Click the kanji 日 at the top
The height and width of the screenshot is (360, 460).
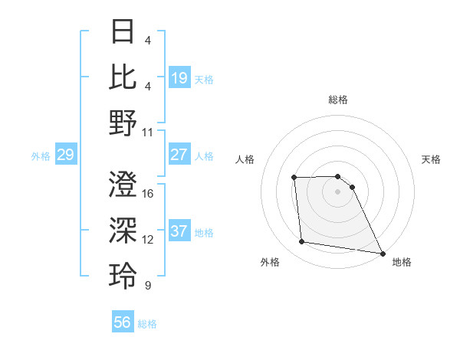(x=123, y=32)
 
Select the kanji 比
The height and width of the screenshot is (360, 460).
(x=123, y=77)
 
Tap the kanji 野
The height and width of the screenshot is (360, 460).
(x=123, y=123)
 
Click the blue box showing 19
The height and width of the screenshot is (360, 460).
(x=179, y=78)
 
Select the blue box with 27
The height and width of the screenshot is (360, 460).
(x=179, y=155)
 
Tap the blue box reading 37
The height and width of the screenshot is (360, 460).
(x=179, y=231)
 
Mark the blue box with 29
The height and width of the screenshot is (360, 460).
(x=65, y=155)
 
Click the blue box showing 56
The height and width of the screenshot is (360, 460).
(x=123, y=322)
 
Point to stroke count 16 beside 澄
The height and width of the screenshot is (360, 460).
(x=148, y=194)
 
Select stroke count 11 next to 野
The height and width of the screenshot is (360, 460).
(x=148, y=132)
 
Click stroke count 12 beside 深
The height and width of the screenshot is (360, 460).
(x=148, y=240)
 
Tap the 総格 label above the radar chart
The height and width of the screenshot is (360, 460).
(x=337, y=100)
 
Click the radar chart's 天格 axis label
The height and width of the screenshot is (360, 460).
(x=431, y=159)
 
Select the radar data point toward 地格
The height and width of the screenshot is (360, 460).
(x=383, y=253)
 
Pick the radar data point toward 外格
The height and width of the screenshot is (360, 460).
(x=302, y=242)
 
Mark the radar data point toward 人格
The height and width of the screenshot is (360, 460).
(x=294, y=178)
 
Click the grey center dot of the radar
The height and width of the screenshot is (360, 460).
(x=337, y=191)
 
